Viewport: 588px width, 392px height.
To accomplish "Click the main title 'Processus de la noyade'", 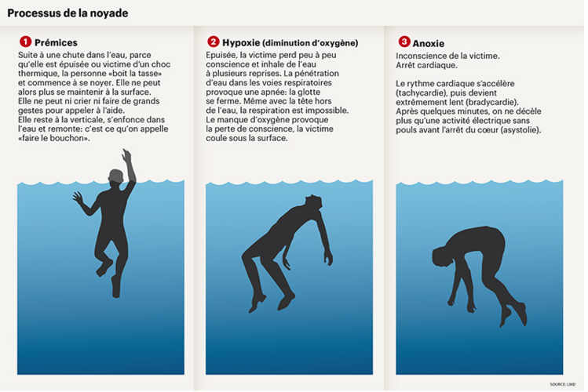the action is pyautogui.click(x=68, y=13).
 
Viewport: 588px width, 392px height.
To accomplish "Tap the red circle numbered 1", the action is pyautogui.click(x=25, y=42).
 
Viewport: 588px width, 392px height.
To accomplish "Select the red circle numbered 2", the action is pyautogui.click(x=213, y=42).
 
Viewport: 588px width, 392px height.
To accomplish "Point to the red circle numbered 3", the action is pyautogui.click(x=404, y=42).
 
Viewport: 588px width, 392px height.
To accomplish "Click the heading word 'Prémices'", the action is pyautogui.click(x=56, y=42).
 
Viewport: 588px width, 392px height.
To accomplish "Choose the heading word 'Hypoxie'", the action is pyautogui.click(x=241, y=42).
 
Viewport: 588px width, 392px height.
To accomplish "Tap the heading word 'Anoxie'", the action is pyautogui.click(x=429, y=43).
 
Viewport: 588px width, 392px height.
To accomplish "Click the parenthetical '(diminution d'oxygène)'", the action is pyautogui.click(x=310, y=43).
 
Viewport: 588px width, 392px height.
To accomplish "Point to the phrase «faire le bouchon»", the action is pyautogui.click(x=54, y=138).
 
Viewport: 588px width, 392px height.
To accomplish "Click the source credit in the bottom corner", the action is pyautogui.click(x=563, y=384).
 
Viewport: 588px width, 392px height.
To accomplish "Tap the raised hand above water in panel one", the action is pyautogui.click(x=126, y=155).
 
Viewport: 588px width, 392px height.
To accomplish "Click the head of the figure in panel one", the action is pyautogui.click(x=116, y=176).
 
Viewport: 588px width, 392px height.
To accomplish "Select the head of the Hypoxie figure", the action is pyautogui.click(x=312, y=202).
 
